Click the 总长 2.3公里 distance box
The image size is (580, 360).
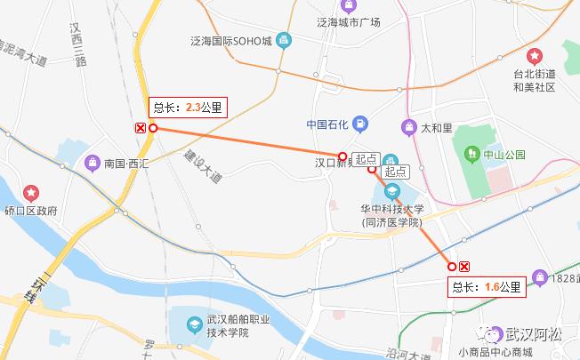pyautogui.click(x=189, y=108)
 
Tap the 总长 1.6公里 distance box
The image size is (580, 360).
pyautogui.click(x=487, y=286)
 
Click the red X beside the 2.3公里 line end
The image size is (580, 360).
pyautogui.click(x=141, y=128)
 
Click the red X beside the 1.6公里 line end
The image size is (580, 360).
pyautogui.click(x=464, y=266)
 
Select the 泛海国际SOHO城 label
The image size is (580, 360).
pyautogui.click(x=230, y=41)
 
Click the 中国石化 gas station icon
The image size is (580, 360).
pyautogui.click(x=360, y=124)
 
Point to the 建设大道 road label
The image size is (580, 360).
pyautogui.click(x=203, y=166)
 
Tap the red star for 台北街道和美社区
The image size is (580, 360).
pyautogui.click(x=535, y=56)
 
